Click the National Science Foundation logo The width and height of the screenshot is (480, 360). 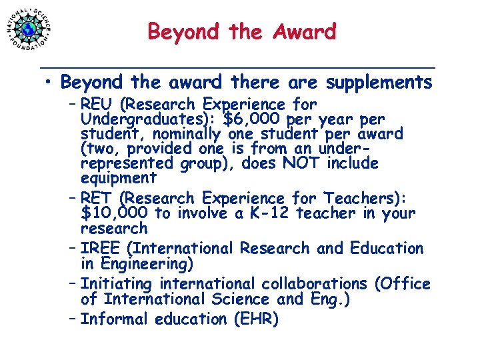point(29,29)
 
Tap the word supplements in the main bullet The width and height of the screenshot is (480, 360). point(379,83)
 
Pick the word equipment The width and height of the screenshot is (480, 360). point(118,178)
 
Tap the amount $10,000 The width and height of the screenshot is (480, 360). point(114,213)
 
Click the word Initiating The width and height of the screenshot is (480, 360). point(114,284)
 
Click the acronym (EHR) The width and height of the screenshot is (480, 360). point(256,319)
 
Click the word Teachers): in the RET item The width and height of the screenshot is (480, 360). point(369,199)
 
